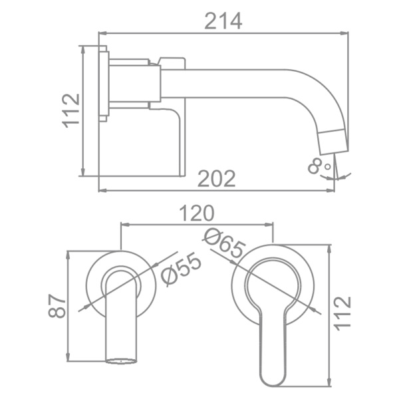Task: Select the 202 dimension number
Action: (x=217, y=178)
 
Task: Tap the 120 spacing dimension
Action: (x=197, y=213)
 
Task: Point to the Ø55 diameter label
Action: (x=181, y=270)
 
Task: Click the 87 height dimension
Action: (x=57, y=306)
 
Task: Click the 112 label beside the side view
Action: (x=71, y=110)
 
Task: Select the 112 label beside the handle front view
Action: (x=342, y=313)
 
